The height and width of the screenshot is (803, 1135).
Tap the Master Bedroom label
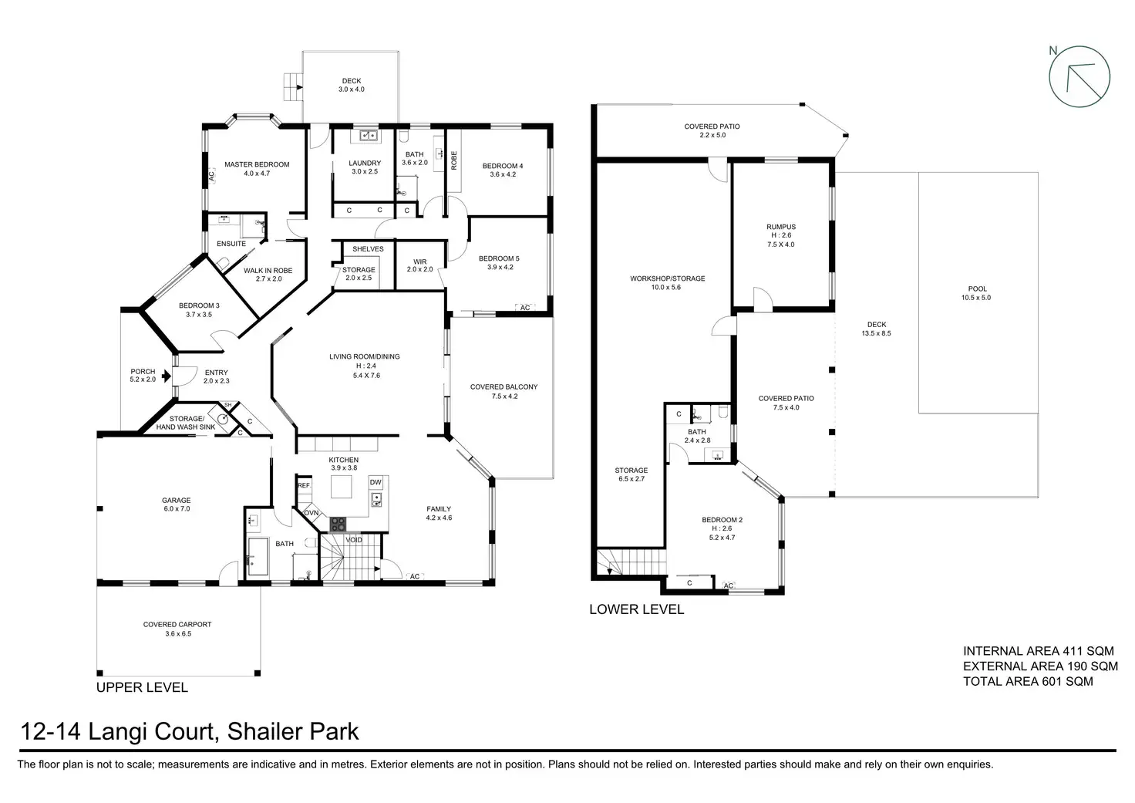click(x=257, y=164)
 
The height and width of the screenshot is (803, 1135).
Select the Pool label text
click(x=978, y=289)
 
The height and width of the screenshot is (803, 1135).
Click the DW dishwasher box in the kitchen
click(x=376, y=483)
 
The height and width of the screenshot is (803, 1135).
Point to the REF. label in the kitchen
click(x=304, y=485)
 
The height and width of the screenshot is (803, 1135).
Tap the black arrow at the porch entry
click(x=167, y=376)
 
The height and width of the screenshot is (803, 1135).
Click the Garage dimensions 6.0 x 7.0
click(x=177, y=509)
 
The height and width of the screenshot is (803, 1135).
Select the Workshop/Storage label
click(x=667, y=278)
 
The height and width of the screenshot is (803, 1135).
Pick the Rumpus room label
click(x=781, y=227)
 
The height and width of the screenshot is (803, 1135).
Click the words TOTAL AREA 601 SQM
click(x=1028, y=681)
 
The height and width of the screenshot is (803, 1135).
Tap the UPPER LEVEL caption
click(x=142, y=687)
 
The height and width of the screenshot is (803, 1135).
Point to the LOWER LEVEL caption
click(x=636, y=609)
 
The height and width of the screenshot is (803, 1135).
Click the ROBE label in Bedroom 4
click(x=454, y=160)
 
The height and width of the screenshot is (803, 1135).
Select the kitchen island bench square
click(x=342, y=488)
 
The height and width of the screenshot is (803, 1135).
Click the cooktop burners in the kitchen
click(x=338, y=525)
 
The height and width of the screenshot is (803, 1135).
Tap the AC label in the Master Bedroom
click(x=212, y=175)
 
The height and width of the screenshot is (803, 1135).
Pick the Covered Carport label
click(x=177, y=625)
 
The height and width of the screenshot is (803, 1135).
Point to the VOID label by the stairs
click(x=354, y=540)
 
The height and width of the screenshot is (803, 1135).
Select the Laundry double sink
click(x=369, y=135)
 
